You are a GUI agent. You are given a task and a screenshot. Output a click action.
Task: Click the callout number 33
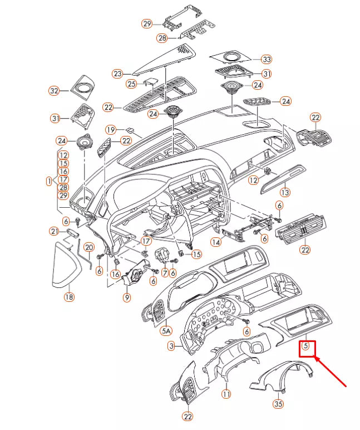click(x=267, y=59)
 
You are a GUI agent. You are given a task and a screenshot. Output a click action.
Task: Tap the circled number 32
click(x=54, y=90)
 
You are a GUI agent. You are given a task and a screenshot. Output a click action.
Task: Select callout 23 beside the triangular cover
click(x=118, y=74)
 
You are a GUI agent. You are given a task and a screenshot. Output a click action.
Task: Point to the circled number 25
click(x=132, y=84)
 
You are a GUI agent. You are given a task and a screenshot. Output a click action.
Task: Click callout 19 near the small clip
click(x=111, y=130)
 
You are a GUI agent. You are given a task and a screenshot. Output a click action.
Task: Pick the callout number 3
click(x=171, y=346)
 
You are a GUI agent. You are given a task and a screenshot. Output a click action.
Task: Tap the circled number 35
click(x=278, y=404)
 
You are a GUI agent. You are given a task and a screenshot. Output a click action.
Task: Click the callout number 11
click(x=226, y=394)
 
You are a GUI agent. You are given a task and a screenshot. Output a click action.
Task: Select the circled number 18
click(x=70, y=297)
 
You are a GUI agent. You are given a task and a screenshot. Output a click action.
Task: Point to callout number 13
click(x=285, y=193)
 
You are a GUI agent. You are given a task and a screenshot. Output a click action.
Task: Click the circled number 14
click(x=216, y=242)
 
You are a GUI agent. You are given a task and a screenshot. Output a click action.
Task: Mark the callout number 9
click(x=126, y=297)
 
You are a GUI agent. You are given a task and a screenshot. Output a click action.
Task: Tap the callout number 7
click(x=165, y=273)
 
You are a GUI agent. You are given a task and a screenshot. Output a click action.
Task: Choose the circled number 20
click(x=89, y=247)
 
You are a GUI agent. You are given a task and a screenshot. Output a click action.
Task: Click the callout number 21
click(x=55, y=231)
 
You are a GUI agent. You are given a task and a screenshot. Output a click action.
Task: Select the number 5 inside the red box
click(x=305, y=345)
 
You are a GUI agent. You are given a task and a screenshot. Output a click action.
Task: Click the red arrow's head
click(x=316, y=358)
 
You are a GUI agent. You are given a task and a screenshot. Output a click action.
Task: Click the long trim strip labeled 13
click(x=282, y=179)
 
